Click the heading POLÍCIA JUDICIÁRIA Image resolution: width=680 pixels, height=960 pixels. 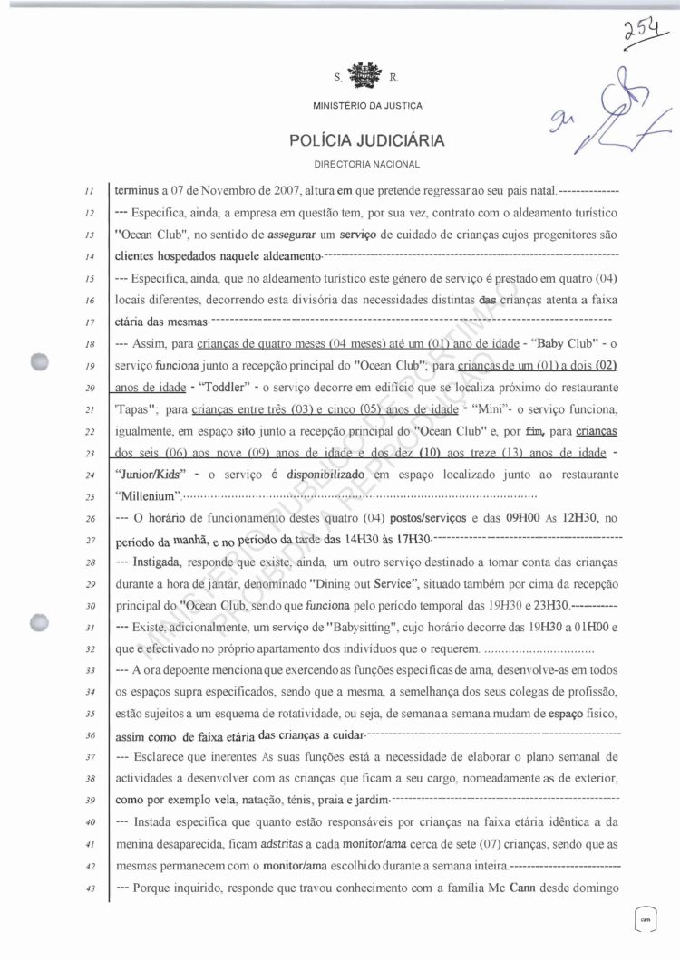366,141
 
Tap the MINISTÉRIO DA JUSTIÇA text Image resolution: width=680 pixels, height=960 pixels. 367,106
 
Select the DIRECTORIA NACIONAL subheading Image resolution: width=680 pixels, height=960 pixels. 366,164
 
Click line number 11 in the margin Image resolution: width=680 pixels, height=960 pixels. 90,193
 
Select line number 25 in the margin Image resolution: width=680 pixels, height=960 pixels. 90,497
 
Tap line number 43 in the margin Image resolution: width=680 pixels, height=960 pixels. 90,888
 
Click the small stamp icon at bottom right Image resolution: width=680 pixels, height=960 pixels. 646,918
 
